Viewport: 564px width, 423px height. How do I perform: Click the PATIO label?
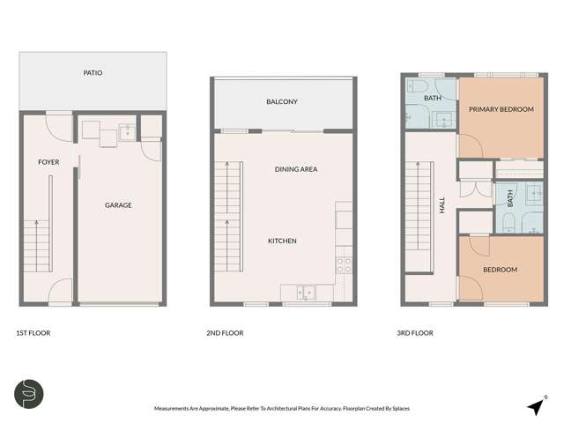click(93, 72)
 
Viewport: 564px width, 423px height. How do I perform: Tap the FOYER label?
click(48, 163)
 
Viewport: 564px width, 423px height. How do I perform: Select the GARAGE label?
click(118, 205)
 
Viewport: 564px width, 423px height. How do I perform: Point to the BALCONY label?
click(282, 102)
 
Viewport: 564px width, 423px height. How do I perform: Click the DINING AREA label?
click(296, 169)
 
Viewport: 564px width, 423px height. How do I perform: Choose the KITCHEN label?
click(282, 241)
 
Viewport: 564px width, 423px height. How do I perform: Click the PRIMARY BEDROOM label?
click(501, 109)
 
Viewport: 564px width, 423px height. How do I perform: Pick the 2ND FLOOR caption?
click(226, 333)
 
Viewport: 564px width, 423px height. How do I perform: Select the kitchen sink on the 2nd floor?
click(304, 291)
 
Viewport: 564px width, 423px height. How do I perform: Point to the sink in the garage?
click(127, 133)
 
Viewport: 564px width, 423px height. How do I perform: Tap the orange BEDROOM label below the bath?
click(500, 270)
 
